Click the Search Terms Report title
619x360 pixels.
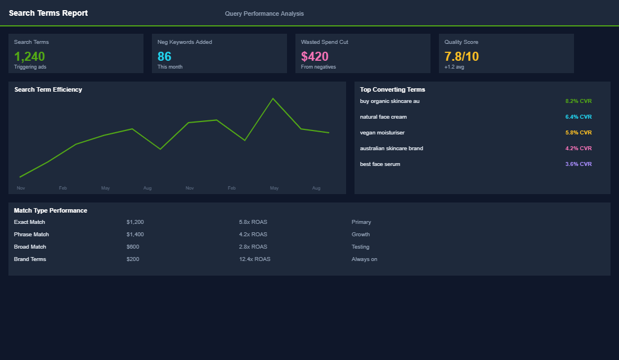(48, 13)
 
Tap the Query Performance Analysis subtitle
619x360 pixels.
(264, 13)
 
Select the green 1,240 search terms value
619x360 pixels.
(29, 56)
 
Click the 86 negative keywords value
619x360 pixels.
(164, 56)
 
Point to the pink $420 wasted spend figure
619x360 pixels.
(315, 56)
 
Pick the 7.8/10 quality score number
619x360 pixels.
(461, 56)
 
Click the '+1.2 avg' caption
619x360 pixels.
(454, 67)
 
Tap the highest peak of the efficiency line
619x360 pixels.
(273, 98)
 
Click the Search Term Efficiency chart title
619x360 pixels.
(48, 89)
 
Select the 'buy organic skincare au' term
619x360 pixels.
(389, 101)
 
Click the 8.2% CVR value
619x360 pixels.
(578, 101)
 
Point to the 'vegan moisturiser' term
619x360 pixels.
(382, 133)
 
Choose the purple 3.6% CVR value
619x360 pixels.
(578, 164)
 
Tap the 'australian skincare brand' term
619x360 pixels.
(391, 148)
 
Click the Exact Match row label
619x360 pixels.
(29, 222)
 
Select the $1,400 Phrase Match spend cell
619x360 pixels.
(135, 235)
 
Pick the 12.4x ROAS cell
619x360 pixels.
(254, 259)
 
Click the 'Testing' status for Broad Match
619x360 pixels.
(360, 247)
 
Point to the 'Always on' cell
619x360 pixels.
(364, 259)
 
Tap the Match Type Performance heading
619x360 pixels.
(50, 210)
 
